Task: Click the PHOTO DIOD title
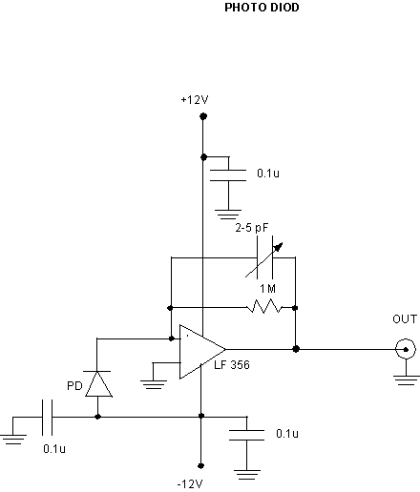pos(262,8)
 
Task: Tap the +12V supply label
pos(195,100)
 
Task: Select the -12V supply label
pos(190,484)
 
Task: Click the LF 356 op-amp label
pos(232,365)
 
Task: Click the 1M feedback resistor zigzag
pos(264,306)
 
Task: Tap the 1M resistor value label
pos(267,289)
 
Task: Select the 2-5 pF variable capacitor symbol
pos(264,257)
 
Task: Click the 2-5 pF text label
pos(252,228)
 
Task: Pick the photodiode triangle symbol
pos(98,384)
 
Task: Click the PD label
pos(74,386)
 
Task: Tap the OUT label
pos(405,319)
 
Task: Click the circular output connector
pos(406,349)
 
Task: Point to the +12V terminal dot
pos(203,116)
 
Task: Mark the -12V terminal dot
pos(200,466)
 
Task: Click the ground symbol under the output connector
pos(406,380)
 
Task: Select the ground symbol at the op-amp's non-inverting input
pos(154,384)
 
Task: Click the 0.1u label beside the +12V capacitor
pos(268,174)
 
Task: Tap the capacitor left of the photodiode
pos(47,418)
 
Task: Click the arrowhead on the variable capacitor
pos(279,247)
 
